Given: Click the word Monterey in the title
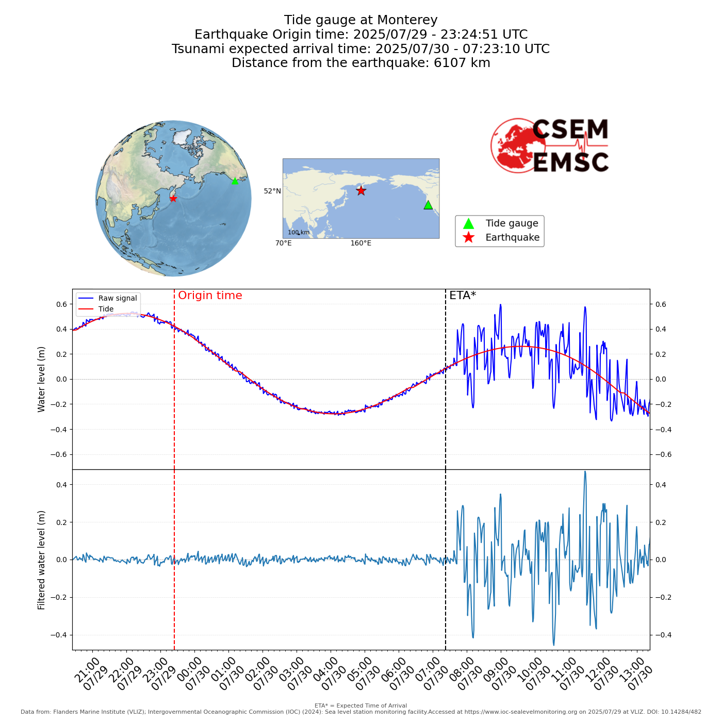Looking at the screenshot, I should (x=407, y=20).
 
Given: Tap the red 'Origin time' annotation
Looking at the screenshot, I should (x=210, y=296).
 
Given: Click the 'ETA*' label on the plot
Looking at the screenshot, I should (x=462, y=296).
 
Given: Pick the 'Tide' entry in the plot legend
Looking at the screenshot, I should (x=106, y=309).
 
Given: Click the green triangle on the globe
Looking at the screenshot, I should (x=235, y=180).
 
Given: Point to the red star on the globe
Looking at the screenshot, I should (x=173, y=199).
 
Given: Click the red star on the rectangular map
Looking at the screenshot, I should (x=361, y=191).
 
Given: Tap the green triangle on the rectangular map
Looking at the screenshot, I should (x=428, y=205).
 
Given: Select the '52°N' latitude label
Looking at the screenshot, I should (x=272, y=191).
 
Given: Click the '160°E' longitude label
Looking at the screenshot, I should (x=360, y=243).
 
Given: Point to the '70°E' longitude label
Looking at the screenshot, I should (x=283, y=243).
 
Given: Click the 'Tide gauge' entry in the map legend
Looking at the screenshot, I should (x=512, y=223).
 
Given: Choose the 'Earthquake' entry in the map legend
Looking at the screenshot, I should (x=512, y=238).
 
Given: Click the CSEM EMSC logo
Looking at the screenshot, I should (x=550, y=146).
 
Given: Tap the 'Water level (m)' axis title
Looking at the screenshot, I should (x=42, y=379).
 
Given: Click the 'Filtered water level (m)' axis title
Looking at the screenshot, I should (x=42, y=560).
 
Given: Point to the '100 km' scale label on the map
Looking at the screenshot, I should (x=299, y=233).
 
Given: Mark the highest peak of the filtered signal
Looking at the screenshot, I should (x=585, y=472).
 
